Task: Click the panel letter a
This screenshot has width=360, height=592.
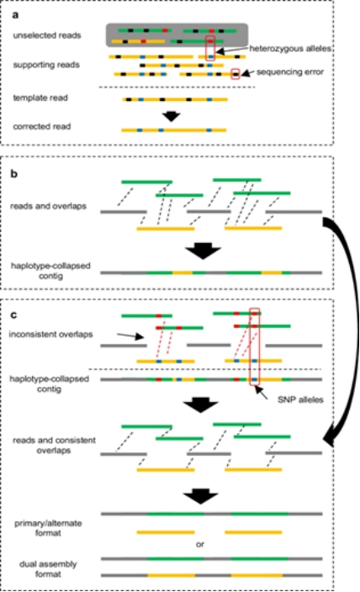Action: [15, 15]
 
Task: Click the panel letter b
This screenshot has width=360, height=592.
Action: [14, 174]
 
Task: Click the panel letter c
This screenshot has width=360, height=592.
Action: [13, 314]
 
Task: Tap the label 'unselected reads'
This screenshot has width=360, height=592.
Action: [47, 35]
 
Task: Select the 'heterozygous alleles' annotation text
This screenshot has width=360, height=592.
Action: [290, 49]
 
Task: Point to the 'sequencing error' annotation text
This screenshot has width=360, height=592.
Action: [290, 71]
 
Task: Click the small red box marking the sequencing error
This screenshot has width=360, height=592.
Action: [236, 74]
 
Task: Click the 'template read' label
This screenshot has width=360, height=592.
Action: [40, 98]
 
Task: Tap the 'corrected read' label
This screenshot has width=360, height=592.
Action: [42, 126]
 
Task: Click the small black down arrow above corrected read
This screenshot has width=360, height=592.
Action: [172, 116]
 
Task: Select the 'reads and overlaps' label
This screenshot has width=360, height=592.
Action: [48, 206]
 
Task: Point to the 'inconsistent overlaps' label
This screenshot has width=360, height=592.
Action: [50, 334]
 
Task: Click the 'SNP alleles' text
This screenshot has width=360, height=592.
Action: [300, 399]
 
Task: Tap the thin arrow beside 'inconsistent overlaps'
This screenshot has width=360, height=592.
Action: [130, 336]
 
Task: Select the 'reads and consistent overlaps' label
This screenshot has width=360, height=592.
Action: [54, 445]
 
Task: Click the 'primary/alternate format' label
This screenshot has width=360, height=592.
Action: [48, 528]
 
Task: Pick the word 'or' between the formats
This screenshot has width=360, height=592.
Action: [200, 544]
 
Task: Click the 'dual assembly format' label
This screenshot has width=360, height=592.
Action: [48, 569]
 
